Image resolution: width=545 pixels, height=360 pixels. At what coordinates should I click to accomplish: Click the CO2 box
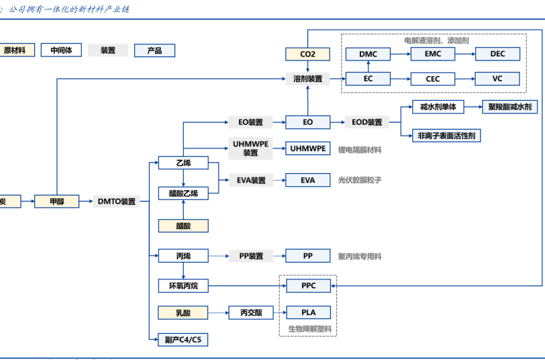point(307,54)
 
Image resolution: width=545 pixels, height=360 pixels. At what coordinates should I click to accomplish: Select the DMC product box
point(368,54)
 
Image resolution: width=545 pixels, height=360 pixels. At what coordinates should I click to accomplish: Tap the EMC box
point(433,54)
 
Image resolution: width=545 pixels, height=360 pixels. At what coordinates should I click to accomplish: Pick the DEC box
point(497,54)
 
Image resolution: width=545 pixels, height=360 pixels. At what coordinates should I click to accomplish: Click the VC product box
point(497,79)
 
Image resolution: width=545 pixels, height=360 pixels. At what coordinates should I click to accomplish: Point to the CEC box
point(433,79)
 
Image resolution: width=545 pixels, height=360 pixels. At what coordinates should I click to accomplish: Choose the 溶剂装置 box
point(307,79)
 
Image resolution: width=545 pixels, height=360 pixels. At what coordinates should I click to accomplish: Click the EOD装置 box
point(367,122)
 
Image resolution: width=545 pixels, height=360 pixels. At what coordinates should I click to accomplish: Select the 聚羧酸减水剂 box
point(509,107)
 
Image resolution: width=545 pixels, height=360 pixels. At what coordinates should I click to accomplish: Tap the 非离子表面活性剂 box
point(446,136)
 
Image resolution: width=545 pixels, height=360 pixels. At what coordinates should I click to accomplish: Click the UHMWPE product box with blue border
point(307,148)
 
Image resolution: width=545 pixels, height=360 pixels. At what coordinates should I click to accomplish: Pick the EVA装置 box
point(250,180)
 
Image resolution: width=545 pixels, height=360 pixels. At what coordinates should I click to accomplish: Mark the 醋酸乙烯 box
point(183,193)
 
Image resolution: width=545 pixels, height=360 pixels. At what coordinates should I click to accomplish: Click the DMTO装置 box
point(117,201)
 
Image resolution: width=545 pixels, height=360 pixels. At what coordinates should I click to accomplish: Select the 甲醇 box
point(56,201)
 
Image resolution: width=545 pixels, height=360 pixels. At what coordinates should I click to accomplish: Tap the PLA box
point(307,312)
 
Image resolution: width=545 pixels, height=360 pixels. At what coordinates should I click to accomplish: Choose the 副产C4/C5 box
point(183,340)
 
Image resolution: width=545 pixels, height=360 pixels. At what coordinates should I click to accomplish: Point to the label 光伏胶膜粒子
point(360,180)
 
